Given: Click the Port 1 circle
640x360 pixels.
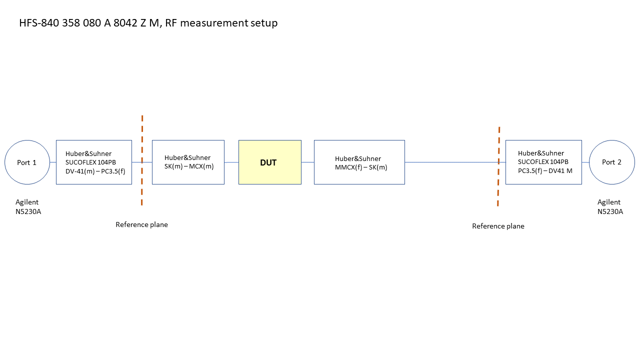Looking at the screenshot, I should [27, 162].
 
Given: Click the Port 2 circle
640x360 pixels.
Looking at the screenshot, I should [611, 162].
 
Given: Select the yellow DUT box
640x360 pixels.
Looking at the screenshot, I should [269, 162].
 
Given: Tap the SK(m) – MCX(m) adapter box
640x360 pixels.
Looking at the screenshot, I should [188, 162].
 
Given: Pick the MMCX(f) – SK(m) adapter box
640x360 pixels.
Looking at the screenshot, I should [359, 162].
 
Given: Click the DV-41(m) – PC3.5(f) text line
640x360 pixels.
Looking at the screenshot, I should [95, 171].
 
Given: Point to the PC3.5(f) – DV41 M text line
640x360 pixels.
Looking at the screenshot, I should [545, 170].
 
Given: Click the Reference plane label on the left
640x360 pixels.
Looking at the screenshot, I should [141, 224].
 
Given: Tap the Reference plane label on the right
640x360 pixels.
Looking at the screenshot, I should [498, 226].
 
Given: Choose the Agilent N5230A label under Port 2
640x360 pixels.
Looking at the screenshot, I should [610, 206].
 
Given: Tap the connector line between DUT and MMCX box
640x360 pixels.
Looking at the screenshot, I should [307, 162].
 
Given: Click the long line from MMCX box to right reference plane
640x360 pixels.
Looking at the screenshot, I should [450, 162].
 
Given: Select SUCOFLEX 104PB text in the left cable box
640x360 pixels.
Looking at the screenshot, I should [91, 162].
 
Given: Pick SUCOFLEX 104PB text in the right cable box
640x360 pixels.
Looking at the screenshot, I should [543, 161].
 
